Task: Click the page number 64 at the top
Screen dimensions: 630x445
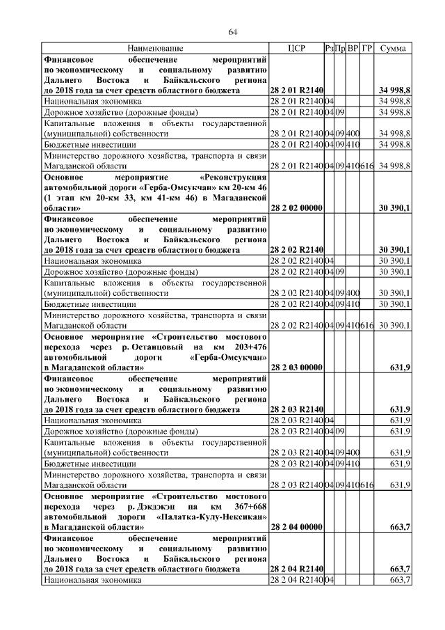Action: click(233, 31)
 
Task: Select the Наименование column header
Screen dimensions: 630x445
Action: click(155, 48)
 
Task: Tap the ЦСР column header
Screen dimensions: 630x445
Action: click(296, 48)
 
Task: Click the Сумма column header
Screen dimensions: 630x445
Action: click(394, 48)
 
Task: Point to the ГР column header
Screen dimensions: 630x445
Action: click(367, 48)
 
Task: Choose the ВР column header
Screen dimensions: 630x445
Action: click(353, 48)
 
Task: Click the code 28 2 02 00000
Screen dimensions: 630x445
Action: click(296, 208)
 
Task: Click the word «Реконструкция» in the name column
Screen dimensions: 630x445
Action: click(233, 178)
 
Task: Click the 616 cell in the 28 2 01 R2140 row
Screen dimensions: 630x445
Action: click(367, 167)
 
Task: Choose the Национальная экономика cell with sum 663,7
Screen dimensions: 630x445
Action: click(85, 580)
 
